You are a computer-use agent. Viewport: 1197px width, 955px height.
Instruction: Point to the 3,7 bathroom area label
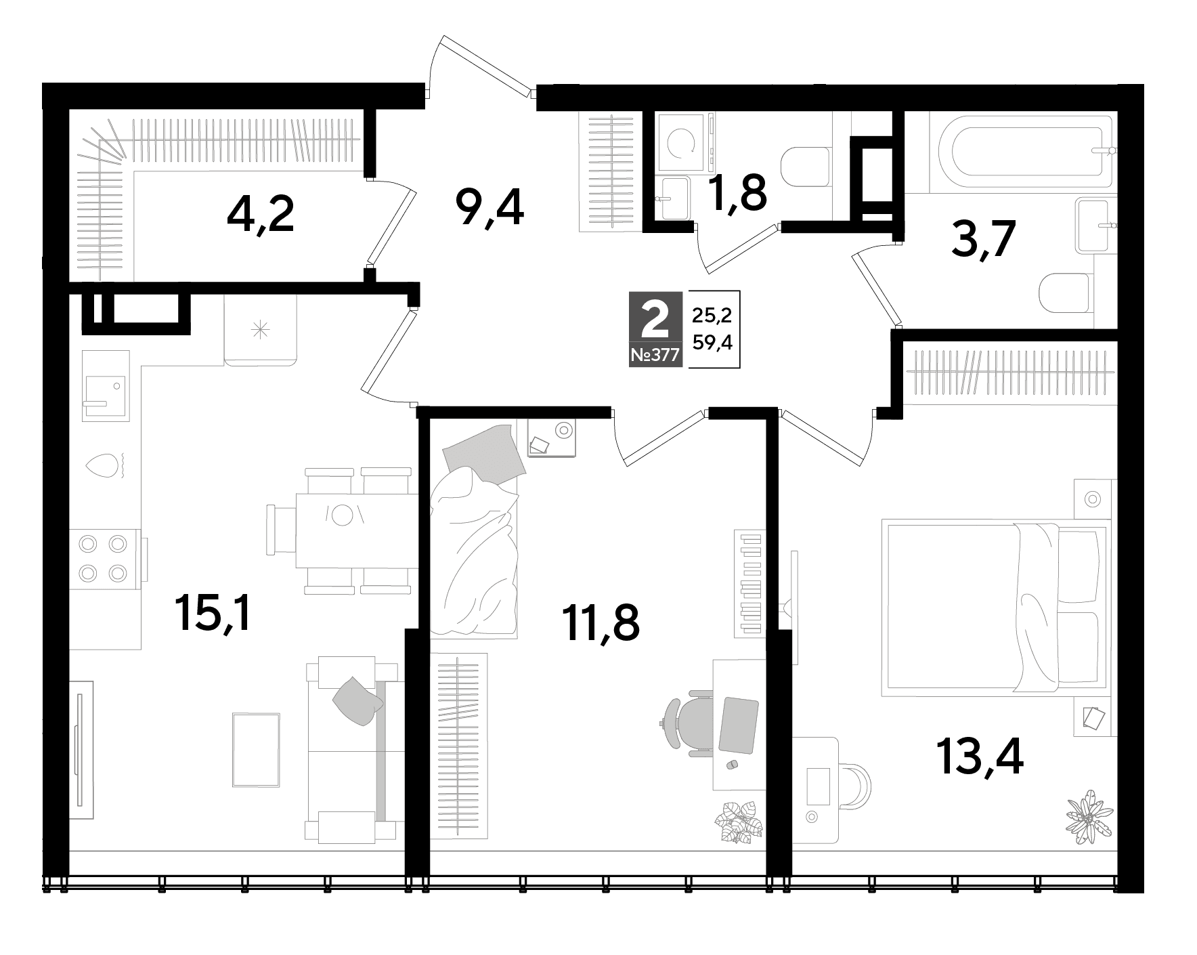click(x=984, y=240)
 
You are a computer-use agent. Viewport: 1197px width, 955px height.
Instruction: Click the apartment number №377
click(x=655, y=356)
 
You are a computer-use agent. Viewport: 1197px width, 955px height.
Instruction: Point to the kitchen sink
click(x=105, y=385)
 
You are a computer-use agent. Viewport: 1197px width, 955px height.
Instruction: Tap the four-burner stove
click(x=103, y=559)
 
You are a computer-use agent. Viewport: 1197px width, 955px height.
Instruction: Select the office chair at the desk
click(x=687, y=723)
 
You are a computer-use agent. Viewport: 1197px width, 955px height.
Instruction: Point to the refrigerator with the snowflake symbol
click(x=261, y=330)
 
